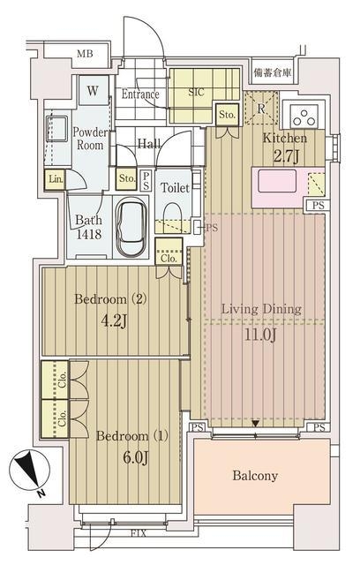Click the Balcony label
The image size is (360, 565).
point(255,476)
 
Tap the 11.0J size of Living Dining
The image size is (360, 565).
point(260,335)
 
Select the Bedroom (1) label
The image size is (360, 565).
point(132,436)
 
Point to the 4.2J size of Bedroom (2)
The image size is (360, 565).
point(114,320)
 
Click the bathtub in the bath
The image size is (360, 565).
point(131,228)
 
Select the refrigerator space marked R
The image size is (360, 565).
point(261,108)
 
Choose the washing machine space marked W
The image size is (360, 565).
point(94,90)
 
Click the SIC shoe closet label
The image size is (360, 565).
point(196,92)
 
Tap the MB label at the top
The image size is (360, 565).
point(85,54)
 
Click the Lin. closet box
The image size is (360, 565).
point(55,179)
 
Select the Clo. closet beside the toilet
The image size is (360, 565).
point(169,252)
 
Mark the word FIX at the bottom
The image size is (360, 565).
point(139,533)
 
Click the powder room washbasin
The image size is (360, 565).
point(56,129)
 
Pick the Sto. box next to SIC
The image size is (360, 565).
point(227,115)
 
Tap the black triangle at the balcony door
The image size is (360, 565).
point(255,424)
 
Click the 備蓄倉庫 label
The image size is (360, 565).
point(272,73)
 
